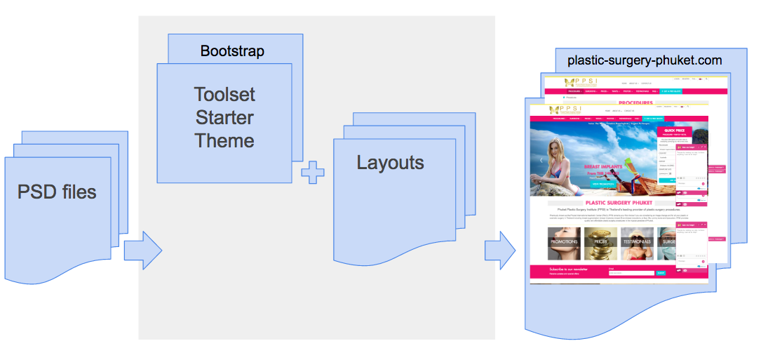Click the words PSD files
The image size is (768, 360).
click(x=57, y=191)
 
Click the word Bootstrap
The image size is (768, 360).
click(x=232, y=51)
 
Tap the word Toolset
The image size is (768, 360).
click(x=224, y=94)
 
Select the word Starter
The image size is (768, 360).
click(x=224, y=117)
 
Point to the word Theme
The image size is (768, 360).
click(x=224, y=140)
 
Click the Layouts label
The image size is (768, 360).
click(x=390, y=163)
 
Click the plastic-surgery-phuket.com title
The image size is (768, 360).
click(x=645, y=60)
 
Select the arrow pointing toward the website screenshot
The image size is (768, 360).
click(x=499, y=249)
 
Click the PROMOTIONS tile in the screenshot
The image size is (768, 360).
click(x=564, y=242)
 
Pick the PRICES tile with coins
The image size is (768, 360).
click(x=601, y=242)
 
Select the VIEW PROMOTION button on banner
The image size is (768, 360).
click(x=605, y=184)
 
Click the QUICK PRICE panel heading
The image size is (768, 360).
click(x=674, y=131)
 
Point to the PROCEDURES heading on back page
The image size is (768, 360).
click(x=635, y=102)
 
